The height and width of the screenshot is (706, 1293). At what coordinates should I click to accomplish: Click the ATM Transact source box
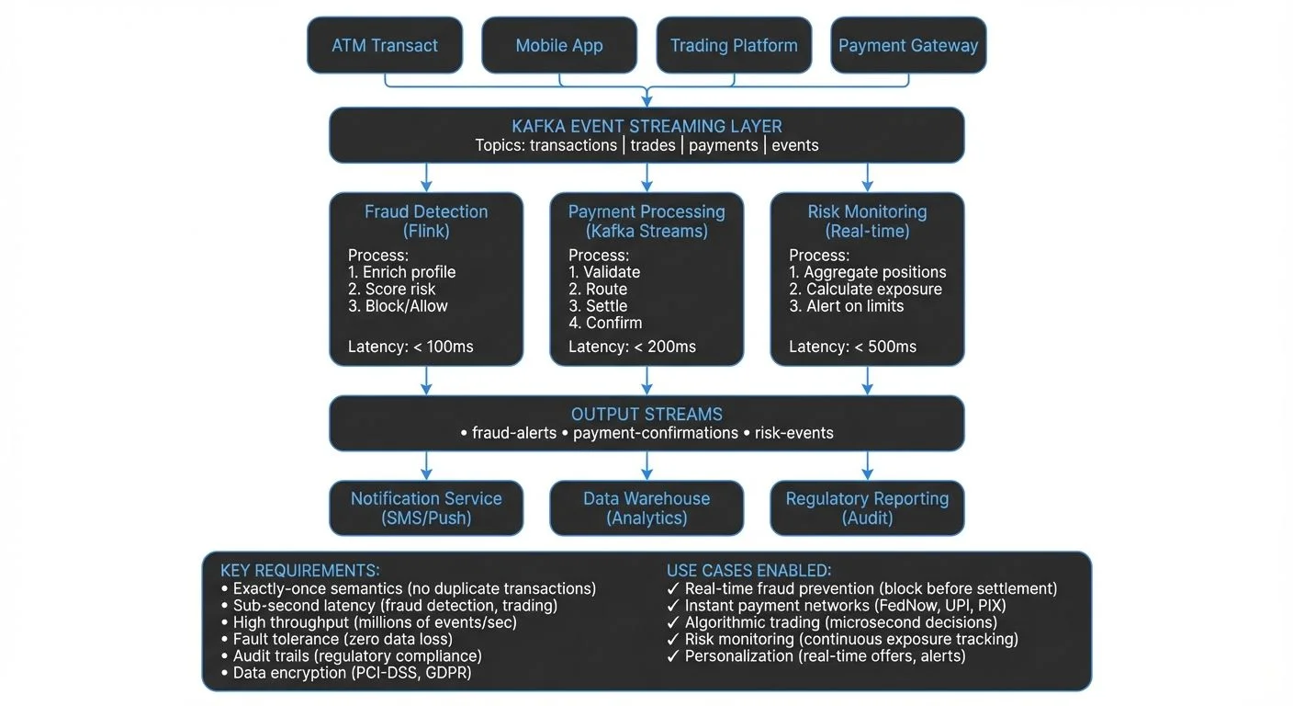[x=385, y=45]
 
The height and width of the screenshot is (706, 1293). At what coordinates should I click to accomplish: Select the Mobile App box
[x=559, y=45]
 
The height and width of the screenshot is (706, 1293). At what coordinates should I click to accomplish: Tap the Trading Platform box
[x=734, y=45]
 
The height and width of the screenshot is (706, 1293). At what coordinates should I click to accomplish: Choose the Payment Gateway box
[x=908, y=45]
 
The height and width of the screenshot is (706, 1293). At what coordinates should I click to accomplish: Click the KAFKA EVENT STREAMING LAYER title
[x=646, y=126]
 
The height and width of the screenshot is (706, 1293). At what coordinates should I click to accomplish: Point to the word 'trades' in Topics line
[x=653, y=145]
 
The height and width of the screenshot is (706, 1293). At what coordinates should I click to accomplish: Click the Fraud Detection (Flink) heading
[x=426, y=221]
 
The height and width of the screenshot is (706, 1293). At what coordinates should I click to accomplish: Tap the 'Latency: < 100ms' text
[x=410, y=347]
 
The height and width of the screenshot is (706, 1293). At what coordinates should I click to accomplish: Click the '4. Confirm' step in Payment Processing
[x=605, y=323]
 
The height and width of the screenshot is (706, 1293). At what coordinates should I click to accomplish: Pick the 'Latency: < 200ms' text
[x=632, y=347]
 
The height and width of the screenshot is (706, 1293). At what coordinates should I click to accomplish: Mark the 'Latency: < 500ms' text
[x=852, y=347]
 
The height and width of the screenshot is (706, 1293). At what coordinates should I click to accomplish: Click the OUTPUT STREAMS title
[x=646, y=414]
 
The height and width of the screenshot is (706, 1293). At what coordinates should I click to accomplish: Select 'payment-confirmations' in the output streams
[x=655, y=433]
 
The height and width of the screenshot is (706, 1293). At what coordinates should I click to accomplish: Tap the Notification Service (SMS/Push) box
[x=426, y=507]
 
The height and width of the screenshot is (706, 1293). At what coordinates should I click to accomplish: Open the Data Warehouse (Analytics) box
[x=646, y=507]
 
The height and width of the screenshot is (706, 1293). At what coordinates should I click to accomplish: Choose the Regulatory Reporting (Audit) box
[x=867, y=507]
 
